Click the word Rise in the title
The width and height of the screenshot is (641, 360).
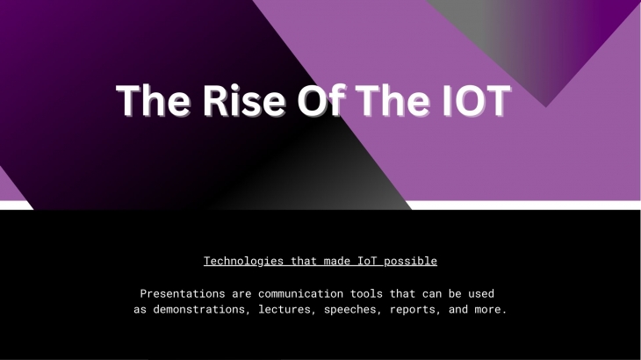(x=244, y=100)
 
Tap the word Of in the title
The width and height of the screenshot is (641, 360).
(x=321, y=100)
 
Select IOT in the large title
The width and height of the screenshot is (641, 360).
(x=477, y=100)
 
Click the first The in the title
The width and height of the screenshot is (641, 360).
(x=153, y=100)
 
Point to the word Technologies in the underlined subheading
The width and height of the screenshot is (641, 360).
(x=243, y=261)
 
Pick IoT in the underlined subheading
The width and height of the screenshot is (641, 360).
(x=367, y=261)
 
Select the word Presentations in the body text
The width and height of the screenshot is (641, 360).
(x=183, y=293)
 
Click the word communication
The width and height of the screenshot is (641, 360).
(x=300, y=293)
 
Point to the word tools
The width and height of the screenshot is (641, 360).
(x=366, y=293)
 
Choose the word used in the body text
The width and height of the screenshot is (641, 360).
(x=481, y=293)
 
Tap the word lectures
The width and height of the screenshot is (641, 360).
(x=287, y=309)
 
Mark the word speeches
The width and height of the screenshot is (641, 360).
(x=353, y=309)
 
